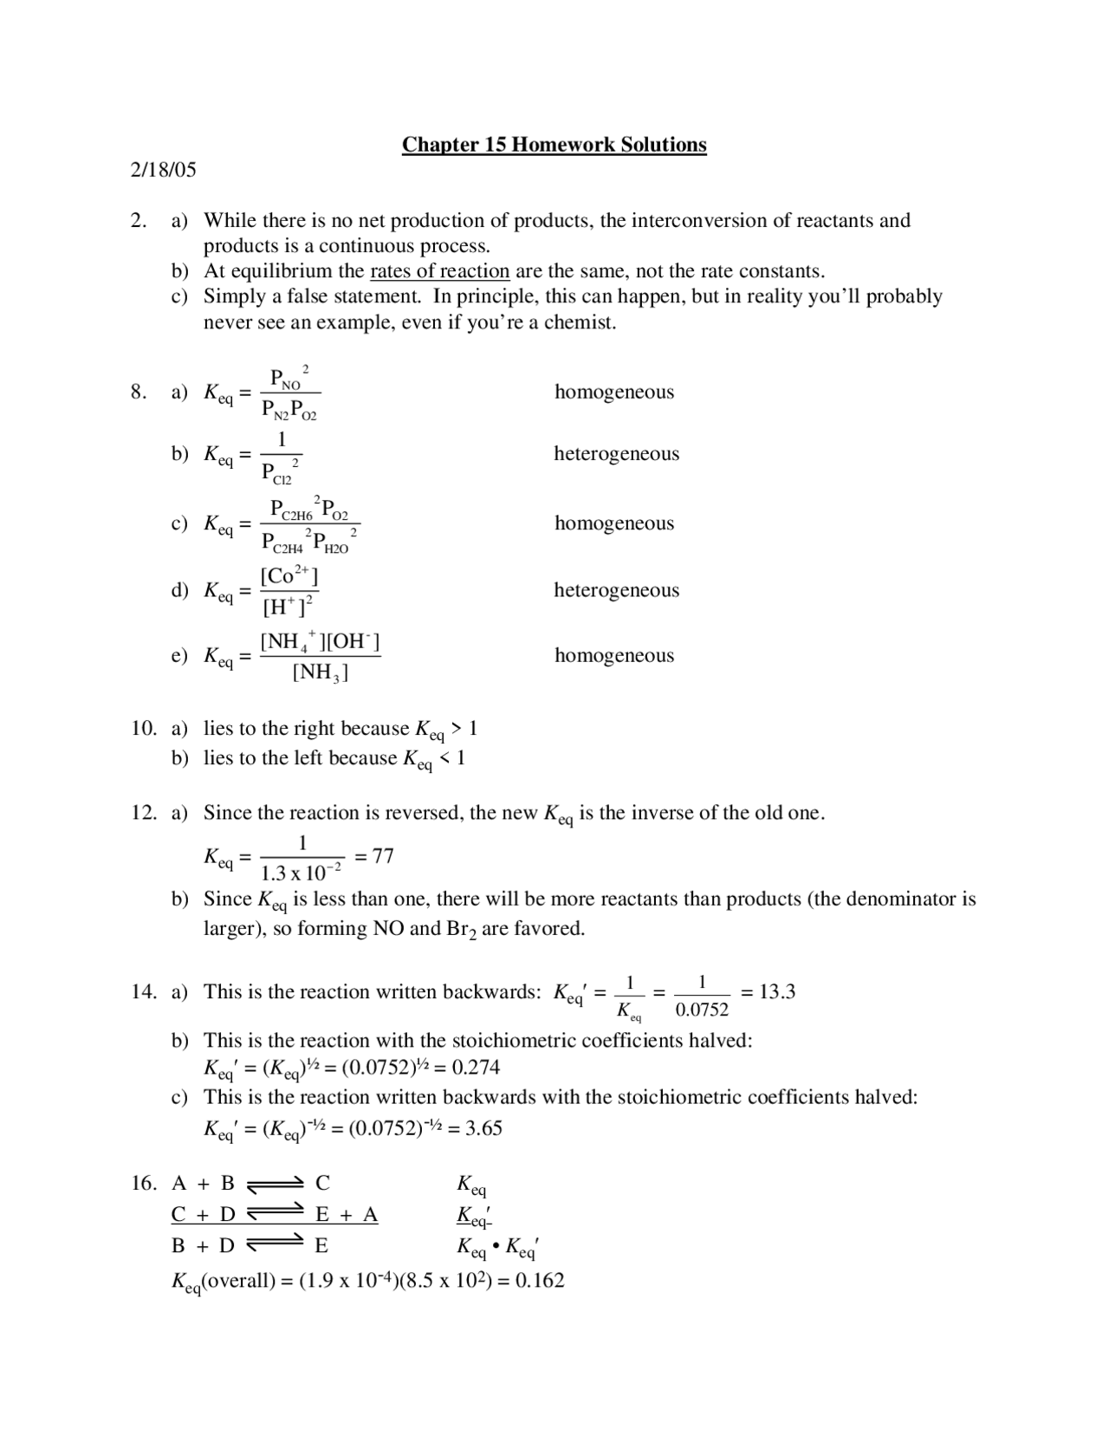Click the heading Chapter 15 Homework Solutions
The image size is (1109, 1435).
tap(554, 145)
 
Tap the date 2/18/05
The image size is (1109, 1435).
tap(164, 170)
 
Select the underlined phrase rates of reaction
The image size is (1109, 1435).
tap(439, 271)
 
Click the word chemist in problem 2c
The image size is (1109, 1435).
tap(577, 323)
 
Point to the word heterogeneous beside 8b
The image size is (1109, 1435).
tap(616, 454)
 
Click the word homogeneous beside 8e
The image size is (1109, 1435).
tap(613, 656)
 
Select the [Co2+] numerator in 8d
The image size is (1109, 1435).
tap(289, 575)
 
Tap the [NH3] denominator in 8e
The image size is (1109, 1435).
tap(320, 672)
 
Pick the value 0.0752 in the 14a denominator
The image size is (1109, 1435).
tap(702, 1010)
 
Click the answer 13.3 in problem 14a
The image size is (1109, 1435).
tap(777, 992)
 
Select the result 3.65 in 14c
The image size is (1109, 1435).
tap(483, 1128)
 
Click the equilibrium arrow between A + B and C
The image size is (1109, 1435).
tap(275, 1185)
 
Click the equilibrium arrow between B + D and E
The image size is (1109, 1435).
tap(275, 1247)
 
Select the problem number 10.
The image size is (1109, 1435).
tap(144, 729)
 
